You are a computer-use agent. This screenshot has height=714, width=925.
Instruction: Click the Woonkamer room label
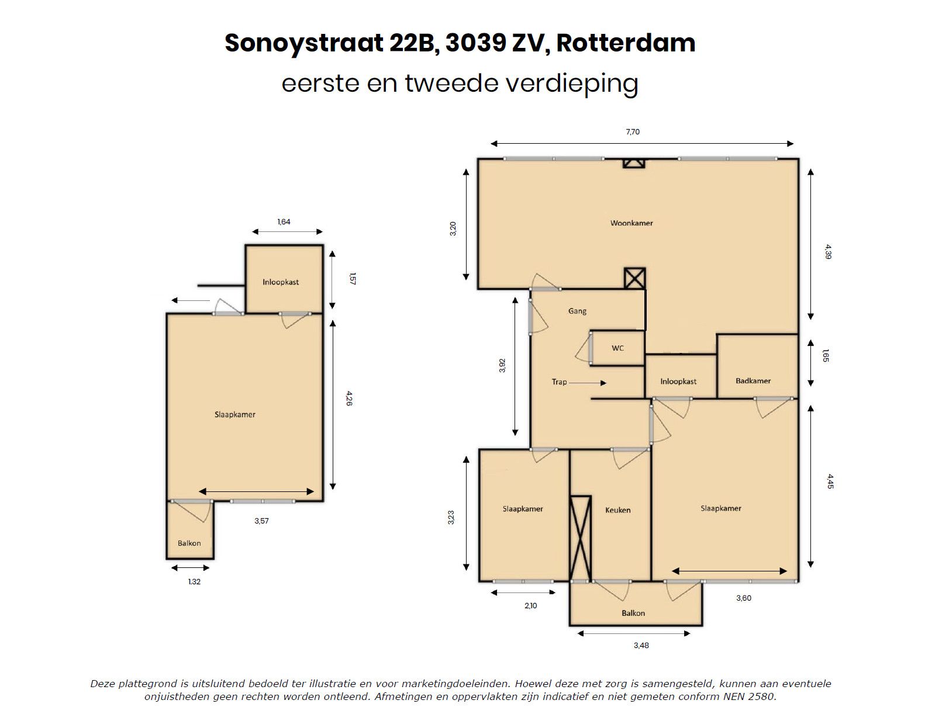point(631,223)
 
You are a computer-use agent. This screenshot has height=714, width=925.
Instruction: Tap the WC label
point(617,348)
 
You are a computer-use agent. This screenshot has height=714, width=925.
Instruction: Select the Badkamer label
point(753,381)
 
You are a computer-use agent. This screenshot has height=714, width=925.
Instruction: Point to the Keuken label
point(618,510)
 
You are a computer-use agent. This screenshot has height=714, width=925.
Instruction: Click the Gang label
point(577,311)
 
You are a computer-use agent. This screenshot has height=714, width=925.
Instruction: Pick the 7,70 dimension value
point(633,132)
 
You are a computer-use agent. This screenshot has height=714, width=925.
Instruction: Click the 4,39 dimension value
point(826,252)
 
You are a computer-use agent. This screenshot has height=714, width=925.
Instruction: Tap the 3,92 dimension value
point(502,365)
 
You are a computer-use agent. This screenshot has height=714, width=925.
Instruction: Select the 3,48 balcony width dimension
point(641,646)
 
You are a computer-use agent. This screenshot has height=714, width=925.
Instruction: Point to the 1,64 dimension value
point(284,222)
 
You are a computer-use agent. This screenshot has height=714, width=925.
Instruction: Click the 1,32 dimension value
point(194,582)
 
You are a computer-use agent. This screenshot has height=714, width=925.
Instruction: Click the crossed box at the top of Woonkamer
point(633,164)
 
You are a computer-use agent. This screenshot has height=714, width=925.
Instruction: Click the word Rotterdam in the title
point(626,43)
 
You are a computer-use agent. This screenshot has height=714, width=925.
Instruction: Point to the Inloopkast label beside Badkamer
point(678,382)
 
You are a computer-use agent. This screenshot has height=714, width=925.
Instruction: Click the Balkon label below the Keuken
point(633,614)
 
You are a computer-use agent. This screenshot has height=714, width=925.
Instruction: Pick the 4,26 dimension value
point(348,399)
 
